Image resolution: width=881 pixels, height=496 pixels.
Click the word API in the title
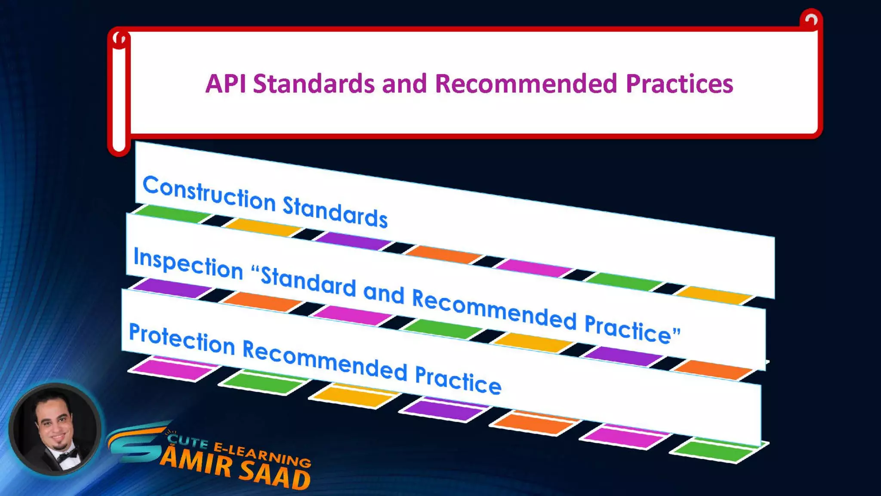point(225,84)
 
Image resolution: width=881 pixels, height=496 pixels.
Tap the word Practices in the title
point(679,84)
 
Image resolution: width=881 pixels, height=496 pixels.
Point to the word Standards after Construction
point(335,211)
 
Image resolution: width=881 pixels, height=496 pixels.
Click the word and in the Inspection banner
point(384,292)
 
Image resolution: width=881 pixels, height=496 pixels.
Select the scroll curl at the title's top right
point(811,20)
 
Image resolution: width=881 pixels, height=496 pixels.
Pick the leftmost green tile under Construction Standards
point(172,214)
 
